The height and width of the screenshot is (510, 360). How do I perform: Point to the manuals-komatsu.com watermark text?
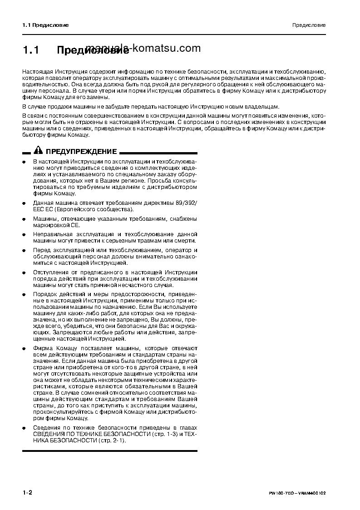tap(143, 48)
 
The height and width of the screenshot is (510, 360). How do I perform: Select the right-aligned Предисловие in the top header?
tap(309, 25)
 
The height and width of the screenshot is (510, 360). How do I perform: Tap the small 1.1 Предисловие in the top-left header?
tap(45, 25)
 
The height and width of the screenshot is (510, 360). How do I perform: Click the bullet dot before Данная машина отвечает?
tap(24, 203)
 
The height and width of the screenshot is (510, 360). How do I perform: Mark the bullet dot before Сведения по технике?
tap(24, 428)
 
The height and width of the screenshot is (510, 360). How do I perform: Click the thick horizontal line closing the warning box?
tap(110, 451)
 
